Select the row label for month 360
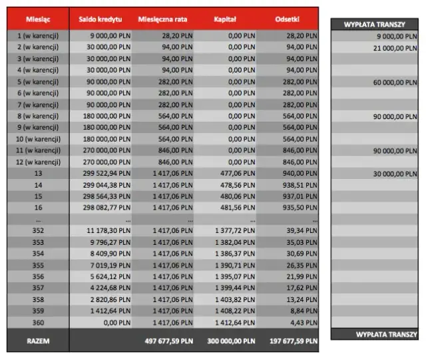(37, 321)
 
